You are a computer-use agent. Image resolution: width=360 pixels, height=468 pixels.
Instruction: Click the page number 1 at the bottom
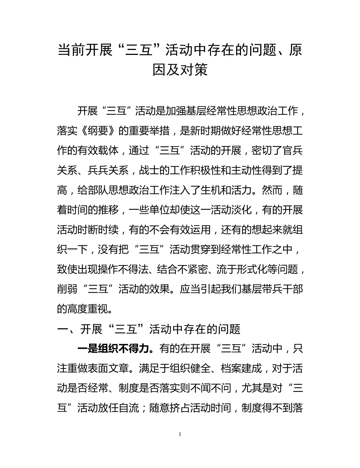point(180,434)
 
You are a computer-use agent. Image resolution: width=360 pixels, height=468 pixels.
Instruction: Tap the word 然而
point(272,190)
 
